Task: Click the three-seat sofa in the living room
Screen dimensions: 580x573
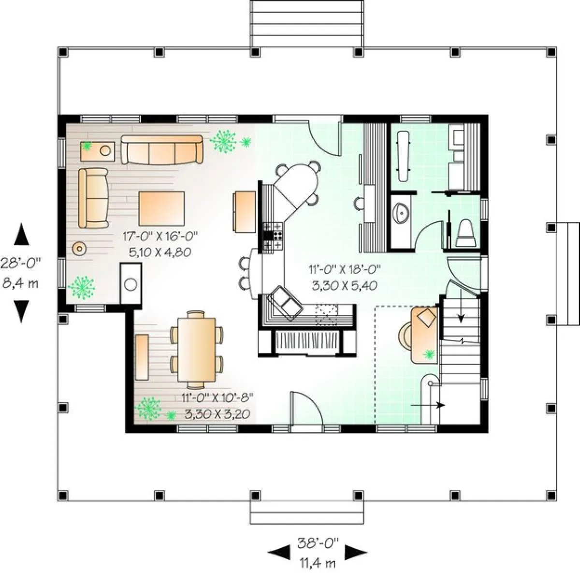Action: coord(162,150)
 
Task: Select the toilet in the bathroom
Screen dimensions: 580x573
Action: coord(465,234)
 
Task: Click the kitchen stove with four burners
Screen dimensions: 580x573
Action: coord(273,235)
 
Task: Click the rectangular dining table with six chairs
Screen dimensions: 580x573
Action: coord(197,350)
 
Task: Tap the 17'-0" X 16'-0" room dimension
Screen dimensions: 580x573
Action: coord(160,235)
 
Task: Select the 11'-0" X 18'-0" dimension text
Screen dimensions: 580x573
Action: coord(344,269)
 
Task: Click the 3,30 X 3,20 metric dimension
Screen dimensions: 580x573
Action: coord(217,414)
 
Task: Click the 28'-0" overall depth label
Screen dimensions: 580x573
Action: coord(20,263)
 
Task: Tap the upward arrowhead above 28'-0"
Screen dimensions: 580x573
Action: coord(22,234)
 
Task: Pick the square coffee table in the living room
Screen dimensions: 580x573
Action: coord(161,208)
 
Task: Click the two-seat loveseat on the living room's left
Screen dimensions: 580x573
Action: coord(93,198)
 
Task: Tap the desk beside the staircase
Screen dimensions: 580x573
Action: coord(424,335)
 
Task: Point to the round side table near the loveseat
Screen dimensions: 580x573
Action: coord(79,249)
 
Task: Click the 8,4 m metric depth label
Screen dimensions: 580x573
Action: coord(21,283)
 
